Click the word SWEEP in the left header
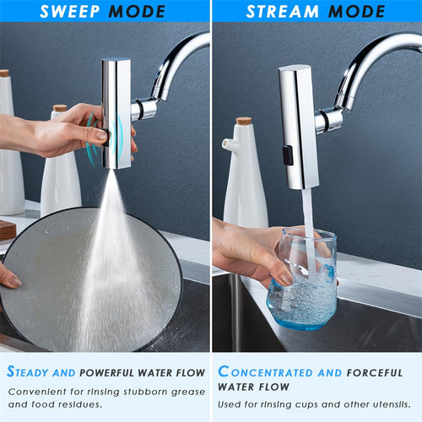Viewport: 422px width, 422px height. (68, 11)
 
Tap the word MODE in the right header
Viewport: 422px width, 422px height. (357, 11)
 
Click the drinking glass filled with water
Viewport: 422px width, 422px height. (300, 279)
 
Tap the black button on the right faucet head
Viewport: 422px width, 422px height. (288, 154)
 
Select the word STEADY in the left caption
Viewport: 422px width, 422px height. (36, 372)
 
